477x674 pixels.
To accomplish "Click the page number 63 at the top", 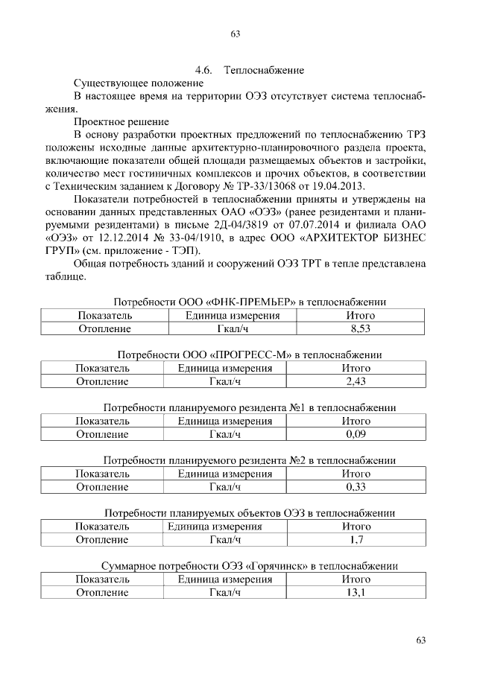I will point(236,34).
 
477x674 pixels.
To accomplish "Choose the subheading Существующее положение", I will point(129,83).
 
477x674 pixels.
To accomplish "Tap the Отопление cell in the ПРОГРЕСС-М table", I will point(102,381).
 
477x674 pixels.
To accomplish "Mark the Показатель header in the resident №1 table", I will point(102,421).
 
